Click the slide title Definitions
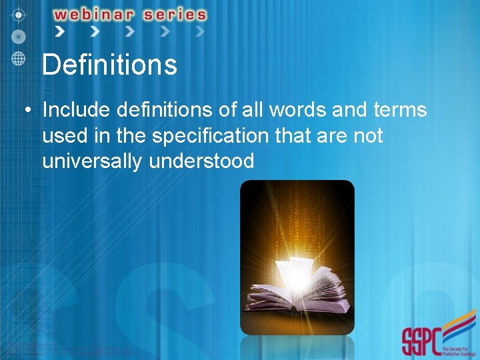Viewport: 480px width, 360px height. [109, 65]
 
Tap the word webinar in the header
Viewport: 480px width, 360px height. [94, 15]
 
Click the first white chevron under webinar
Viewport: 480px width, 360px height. [60, 31]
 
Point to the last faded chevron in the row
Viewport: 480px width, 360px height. [199, 31]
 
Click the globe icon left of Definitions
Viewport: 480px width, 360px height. [19, 57]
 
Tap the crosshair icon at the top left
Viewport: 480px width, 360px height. [19, 13]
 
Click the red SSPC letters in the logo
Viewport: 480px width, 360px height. [421, 341]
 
